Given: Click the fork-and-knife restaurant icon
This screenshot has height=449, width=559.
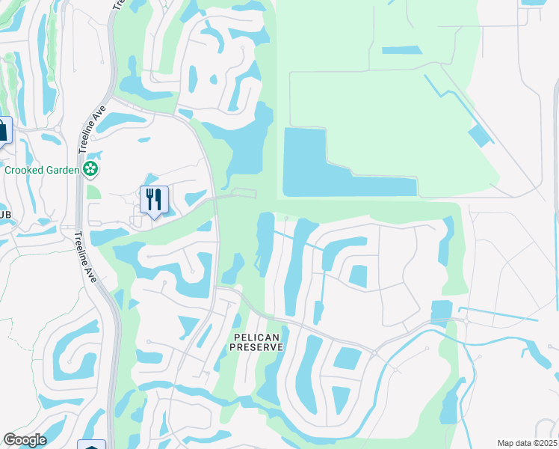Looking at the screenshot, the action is [x=154, y=200].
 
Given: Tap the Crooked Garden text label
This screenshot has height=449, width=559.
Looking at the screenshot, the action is [x=42, y=170].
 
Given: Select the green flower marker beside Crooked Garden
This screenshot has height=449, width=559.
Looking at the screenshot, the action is [x=91, y=170].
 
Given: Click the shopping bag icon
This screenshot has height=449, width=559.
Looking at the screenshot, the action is [x=3, y=130].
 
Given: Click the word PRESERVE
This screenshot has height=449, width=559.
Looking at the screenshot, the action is [x=256, y=348].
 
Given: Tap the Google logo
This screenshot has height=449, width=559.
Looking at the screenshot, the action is [x=25, y=440].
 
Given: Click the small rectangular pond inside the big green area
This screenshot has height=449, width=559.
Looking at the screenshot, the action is [x=401, y=51].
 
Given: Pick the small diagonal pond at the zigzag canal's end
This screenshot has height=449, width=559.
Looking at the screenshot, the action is [x=480, y=135].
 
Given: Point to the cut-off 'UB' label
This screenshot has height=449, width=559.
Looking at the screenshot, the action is [x=5, y=216].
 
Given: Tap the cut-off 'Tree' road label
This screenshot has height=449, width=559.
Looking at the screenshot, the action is [x=118, y=5].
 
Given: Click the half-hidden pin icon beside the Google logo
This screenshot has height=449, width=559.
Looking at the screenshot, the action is [x=91, y=445].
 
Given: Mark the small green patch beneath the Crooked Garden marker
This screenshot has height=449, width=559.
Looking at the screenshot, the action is [x=93, y=192].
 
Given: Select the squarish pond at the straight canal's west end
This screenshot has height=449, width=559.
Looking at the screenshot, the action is [x=442, y=311].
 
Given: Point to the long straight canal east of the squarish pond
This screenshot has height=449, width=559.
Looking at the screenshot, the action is [x=497, y=313].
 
